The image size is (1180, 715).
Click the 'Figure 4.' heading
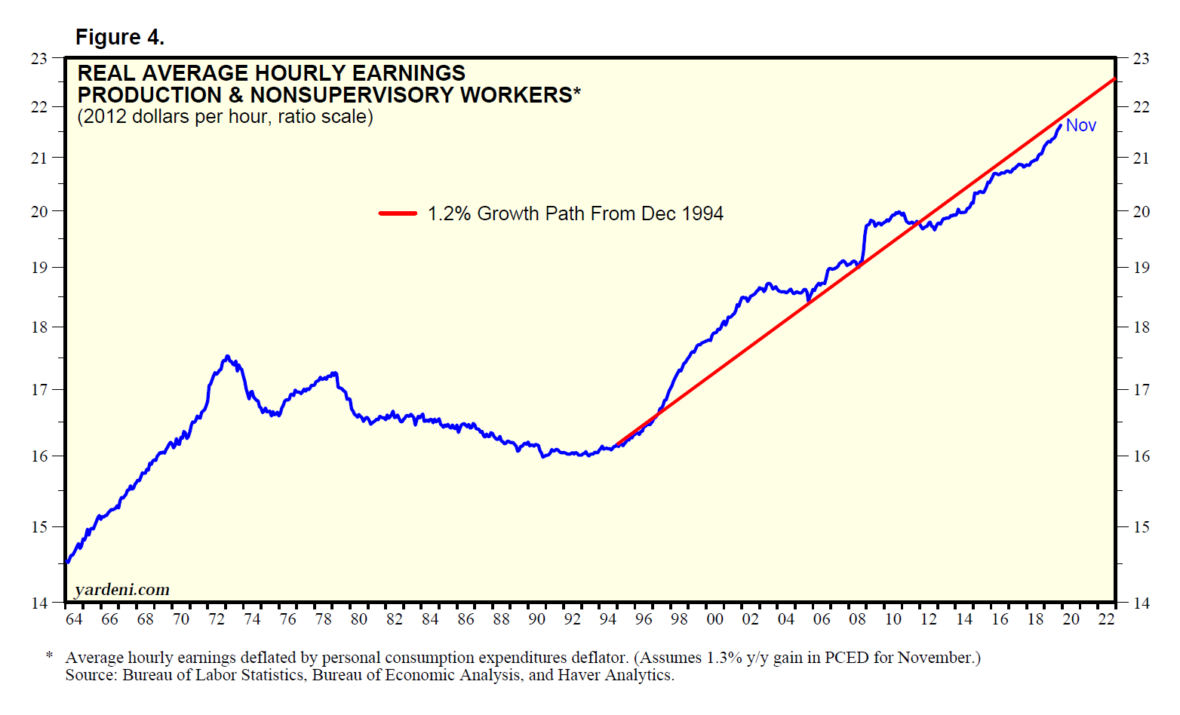120,37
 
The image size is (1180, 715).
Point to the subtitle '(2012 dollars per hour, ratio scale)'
225,117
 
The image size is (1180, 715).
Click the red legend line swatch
398,213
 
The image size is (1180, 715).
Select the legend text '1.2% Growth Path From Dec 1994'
575,213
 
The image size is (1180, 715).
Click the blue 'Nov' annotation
1080,125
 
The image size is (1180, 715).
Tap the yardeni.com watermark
122,589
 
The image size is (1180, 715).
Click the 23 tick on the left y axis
38,58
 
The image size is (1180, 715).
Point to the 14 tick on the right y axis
1142,603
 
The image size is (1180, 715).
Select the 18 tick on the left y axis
38,327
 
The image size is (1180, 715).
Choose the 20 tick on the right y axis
1142,211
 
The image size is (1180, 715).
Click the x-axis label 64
74,619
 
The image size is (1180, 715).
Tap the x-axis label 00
714,619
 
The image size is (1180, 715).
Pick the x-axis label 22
1106,619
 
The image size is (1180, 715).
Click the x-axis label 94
607,619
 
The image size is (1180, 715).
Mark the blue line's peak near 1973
227,357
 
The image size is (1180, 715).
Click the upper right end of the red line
1114,78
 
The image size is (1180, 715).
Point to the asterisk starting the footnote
49,657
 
